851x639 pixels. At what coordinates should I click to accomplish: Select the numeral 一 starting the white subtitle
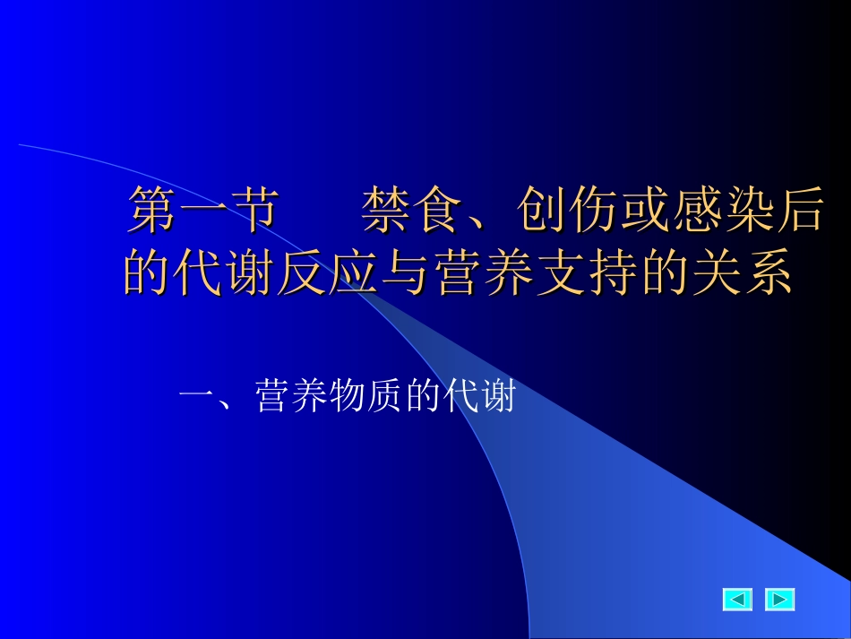point(195,395)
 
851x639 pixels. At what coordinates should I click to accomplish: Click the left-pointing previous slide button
point(737,599)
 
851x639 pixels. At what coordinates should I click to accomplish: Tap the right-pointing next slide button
point(779,599)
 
